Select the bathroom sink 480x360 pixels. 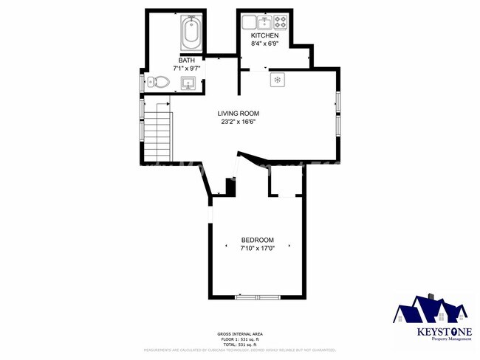188,82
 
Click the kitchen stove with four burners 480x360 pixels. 281,21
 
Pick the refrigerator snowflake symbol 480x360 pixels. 278,79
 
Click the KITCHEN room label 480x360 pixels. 264,35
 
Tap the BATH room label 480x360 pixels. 186,60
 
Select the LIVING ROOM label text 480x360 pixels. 238,114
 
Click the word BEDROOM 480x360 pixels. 257,240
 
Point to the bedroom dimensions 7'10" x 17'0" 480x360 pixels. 257,249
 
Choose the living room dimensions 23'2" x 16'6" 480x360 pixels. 238,122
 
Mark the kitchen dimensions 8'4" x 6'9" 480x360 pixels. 264,44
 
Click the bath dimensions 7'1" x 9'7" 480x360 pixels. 186,69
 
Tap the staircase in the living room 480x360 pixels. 157,133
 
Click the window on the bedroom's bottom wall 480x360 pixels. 257,297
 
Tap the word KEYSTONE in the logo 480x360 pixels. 434,333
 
